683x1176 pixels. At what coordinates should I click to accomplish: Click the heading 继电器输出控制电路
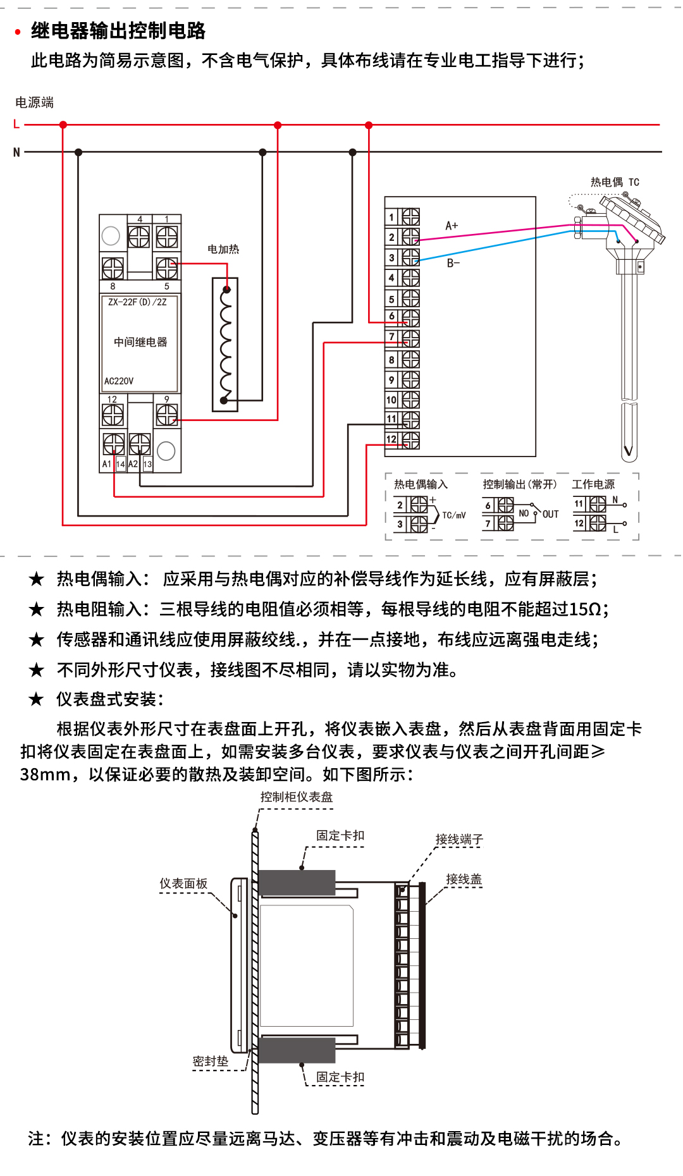tap(118, 30)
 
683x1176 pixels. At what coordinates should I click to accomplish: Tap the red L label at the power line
tap(16, 125)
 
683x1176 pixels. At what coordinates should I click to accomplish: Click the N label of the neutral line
tap(16, 152)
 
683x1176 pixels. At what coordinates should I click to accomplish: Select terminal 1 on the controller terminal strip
tap(403, 217)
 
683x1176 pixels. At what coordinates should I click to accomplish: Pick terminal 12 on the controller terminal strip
tap(403, 439)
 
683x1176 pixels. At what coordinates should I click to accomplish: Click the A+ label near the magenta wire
tap(452, 226)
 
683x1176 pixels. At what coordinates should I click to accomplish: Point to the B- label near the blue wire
tap(453, 263)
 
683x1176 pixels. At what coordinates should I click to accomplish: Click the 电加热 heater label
tap(223, 249)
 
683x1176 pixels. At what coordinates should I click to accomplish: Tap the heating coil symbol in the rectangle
tap(225, 345)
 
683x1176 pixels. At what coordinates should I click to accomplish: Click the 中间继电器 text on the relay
tap(140, 342)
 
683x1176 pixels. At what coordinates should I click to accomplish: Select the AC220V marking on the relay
tap(119, 381)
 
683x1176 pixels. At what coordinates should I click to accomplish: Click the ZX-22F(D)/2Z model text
tap(137, 302)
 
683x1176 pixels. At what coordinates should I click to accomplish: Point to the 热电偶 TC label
tap(615, 182)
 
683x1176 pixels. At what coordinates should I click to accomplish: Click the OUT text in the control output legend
tap(550, 515)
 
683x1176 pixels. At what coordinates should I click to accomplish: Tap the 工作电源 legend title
tap(593, 484)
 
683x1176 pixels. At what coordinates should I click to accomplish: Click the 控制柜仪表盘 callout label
tap(297, 797)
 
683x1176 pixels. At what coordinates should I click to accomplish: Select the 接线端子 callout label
tap(459, 839)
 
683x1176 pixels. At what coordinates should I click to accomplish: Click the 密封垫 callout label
tap(211, 1061)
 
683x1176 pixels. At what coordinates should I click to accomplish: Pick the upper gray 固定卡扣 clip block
tap(297, 883)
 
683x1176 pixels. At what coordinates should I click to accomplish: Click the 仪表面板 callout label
tap(183, 883)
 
